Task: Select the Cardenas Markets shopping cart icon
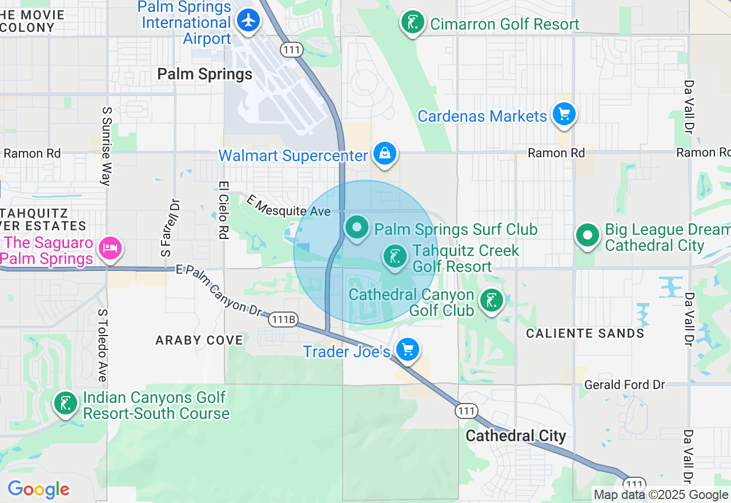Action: click(564, 114)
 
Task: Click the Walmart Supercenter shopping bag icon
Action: click(385, 154)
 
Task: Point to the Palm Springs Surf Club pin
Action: click(358, 227)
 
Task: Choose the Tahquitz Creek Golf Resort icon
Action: click(395, 257)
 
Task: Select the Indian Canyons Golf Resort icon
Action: click(66, 404)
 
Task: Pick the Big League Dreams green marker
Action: click(588, 235)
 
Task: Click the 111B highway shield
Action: click(283, 320)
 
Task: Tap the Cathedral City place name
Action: click(516, 436)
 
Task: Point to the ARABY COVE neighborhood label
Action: click(199, 340)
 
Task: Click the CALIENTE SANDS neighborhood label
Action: click(585, 333)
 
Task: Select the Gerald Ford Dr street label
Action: click(625, 385)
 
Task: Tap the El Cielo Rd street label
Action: click(223, 210)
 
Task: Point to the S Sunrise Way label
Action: click(106, 146)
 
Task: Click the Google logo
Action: click(38, 489)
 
